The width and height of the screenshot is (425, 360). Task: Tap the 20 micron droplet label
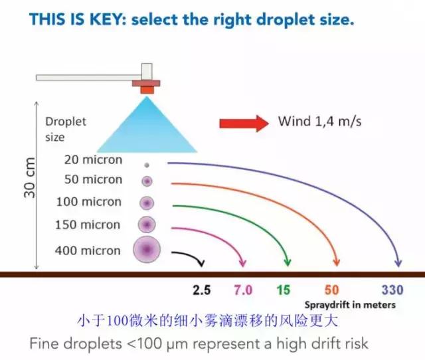click(93, 159)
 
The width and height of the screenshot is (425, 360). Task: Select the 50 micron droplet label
click(93, 179)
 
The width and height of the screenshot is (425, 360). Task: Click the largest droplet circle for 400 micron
click(147, 250)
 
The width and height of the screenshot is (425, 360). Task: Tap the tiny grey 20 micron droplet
click(146, 164)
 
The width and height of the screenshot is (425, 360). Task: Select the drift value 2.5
click(201, 290)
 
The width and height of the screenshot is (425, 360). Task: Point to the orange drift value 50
click(332, 290)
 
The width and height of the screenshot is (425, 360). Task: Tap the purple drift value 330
click(392, 290)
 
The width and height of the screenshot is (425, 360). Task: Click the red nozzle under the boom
click(147, 86)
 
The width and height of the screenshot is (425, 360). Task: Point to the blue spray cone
click(146, 126)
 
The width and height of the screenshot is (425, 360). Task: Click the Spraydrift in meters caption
click(350, 305)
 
